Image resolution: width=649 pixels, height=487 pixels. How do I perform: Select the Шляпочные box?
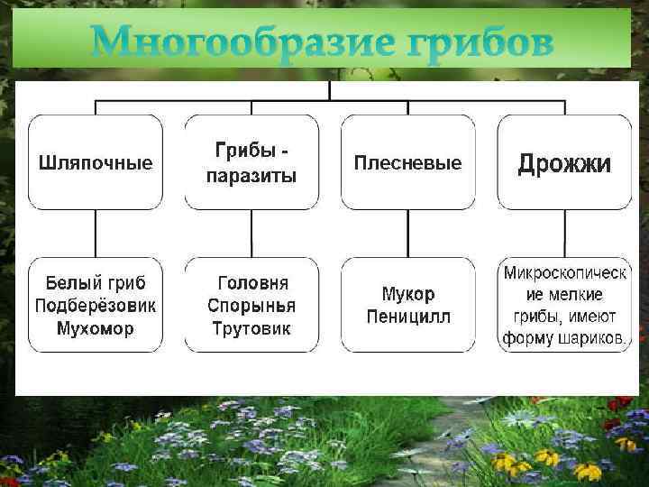96,163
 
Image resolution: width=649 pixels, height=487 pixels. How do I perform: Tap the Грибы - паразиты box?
251,163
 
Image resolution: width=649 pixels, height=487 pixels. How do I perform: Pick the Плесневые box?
407,163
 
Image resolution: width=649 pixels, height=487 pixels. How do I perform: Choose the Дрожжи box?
564,163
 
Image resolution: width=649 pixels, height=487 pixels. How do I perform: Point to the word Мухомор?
96,328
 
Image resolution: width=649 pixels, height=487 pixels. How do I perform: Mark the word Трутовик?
251,328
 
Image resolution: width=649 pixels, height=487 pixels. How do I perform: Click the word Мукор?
407,295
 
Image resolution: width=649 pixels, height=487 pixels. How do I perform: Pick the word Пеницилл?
407,317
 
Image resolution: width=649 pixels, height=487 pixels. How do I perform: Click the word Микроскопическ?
565,271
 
